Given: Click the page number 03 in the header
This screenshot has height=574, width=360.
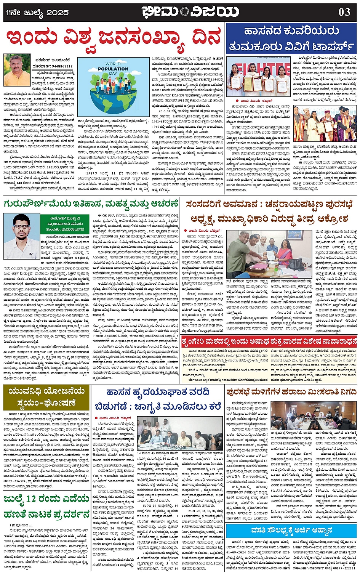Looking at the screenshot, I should click(x=344, y=12).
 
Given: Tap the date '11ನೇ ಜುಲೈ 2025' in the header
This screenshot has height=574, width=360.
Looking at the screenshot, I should click(x=37, y=13).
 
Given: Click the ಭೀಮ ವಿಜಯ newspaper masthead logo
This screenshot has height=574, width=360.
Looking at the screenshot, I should click(x=190, y=12).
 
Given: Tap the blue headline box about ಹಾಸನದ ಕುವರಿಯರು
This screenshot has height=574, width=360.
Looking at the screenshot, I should click(x=291, y=38).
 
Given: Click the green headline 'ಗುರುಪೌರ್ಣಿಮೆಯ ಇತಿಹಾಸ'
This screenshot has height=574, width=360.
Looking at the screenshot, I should click(x=91, y=203).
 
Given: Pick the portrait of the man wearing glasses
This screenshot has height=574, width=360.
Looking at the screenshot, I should click(x=21, y=236).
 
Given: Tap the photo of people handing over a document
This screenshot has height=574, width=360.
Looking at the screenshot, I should click(x=270, y=252).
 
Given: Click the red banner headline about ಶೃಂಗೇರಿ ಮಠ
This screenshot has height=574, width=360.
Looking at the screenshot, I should click(x=269, y=340).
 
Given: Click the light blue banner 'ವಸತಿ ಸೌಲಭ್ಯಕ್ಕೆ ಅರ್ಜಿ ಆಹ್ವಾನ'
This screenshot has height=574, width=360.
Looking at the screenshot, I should click(x=291, y=530).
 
